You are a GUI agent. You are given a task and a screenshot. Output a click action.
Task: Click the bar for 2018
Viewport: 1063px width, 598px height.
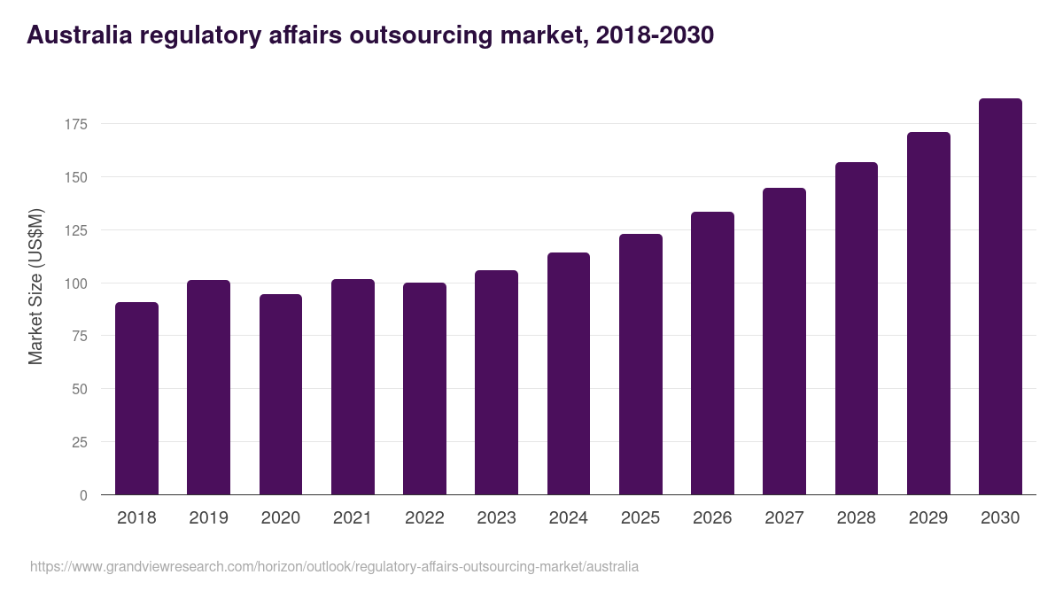[136, 399]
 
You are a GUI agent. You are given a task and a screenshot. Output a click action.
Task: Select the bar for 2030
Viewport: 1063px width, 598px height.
[1000, 297]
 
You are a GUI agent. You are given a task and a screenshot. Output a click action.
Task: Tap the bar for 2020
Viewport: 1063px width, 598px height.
[281, 394]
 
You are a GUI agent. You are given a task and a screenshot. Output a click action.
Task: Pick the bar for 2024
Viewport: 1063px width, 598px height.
[569, 374]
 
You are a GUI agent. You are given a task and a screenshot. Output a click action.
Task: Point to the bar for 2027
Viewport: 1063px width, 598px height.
[785, 341]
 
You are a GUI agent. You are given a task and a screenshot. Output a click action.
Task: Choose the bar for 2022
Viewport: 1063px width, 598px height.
[424, 389]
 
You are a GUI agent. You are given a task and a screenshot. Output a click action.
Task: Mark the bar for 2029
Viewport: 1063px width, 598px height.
[928, 314]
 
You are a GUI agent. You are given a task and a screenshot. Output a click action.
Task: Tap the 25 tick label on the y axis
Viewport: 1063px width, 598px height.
[80, 442]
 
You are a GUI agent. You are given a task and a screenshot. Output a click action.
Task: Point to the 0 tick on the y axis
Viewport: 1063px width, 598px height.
[83, 495]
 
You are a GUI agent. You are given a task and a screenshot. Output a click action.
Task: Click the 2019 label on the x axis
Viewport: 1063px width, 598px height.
[208, 518]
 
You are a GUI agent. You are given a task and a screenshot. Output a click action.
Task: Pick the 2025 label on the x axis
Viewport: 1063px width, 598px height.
[640, 518]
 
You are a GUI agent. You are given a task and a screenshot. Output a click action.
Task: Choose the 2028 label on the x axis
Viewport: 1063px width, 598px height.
[857, 518]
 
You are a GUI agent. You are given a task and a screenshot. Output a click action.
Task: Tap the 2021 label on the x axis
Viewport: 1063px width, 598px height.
[353, 518]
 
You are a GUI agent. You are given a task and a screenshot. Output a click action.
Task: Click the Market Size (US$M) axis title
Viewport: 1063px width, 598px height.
[35, 285]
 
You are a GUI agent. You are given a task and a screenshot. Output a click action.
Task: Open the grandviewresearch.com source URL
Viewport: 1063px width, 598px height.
[334, 566]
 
